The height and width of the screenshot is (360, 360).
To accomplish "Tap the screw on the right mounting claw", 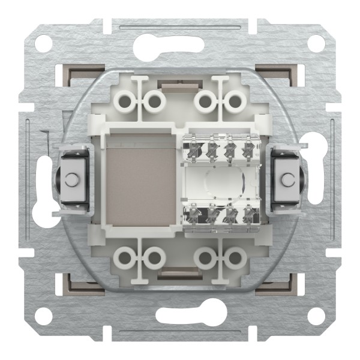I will coord(288,179).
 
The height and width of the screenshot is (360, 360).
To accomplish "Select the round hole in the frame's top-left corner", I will coord(43,43).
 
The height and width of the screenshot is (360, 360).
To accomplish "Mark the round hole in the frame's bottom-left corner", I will coord(43,317).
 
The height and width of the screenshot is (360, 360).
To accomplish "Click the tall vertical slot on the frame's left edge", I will coord(42,180).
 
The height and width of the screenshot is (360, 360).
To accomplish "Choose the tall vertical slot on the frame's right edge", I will coord(319,180).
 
